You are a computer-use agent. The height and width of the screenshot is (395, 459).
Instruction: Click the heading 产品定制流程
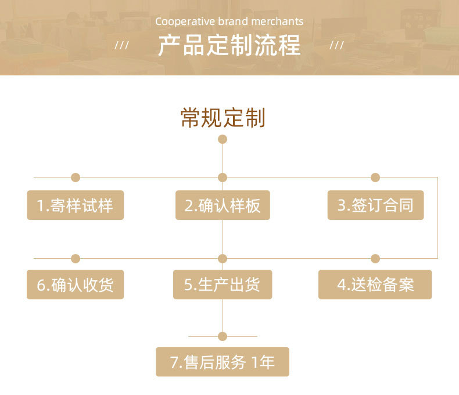229,45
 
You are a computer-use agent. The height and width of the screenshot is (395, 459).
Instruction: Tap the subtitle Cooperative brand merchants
229,21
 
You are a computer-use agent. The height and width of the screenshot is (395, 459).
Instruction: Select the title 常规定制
223,118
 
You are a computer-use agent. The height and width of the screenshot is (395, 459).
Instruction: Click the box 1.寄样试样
76,205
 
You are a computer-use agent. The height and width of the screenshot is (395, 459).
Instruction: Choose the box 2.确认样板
223,205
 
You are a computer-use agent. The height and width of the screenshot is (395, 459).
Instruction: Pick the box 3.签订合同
375,205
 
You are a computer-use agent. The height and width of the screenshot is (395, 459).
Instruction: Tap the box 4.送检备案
375,285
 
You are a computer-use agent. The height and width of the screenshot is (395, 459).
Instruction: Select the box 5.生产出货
223,285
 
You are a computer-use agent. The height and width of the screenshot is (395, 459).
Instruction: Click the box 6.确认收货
76,285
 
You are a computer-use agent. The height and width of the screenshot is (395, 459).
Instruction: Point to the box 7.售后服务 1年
223,363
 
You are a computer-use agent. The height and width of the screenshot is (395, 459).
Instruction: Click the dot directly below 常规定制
223,139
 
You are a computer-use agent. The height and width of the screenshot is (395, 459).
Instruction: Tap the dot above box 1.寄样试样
76,177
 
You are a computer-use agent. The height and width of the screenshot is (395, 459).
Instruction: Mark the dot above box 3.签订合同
375,177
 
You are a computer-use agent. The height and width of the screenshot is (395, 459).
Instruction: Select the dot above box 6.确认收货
76,259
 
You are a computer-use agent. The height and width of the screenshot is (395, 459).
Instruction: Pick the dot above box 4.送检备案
375,259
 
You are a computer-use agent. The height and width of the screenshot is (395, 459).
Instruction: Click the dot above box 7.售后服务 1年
223,336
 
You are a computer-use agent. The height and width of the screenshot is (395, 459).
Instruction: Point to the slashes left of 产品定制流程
121,45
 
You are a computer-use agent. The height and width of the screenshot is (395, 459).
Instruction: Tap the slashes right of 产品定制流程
336,45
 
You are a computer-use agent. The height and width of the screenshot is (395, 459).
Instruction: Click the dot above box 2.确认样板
223,177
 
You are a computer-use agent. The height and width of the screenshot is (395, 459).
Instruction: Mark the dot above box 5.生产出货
223,259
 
